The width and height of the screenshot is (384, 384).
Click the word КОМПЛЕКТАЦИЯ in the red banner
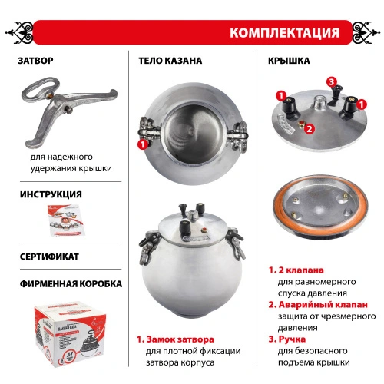click(284, 33)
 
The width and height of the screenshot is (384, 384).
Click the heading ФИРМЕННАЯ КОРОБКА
click(69, 283)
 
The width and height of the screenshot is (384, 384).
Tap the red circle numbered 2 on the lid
click(308, 129)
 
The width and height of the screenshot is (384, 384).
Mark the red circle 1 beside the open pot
click(141, 143)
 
